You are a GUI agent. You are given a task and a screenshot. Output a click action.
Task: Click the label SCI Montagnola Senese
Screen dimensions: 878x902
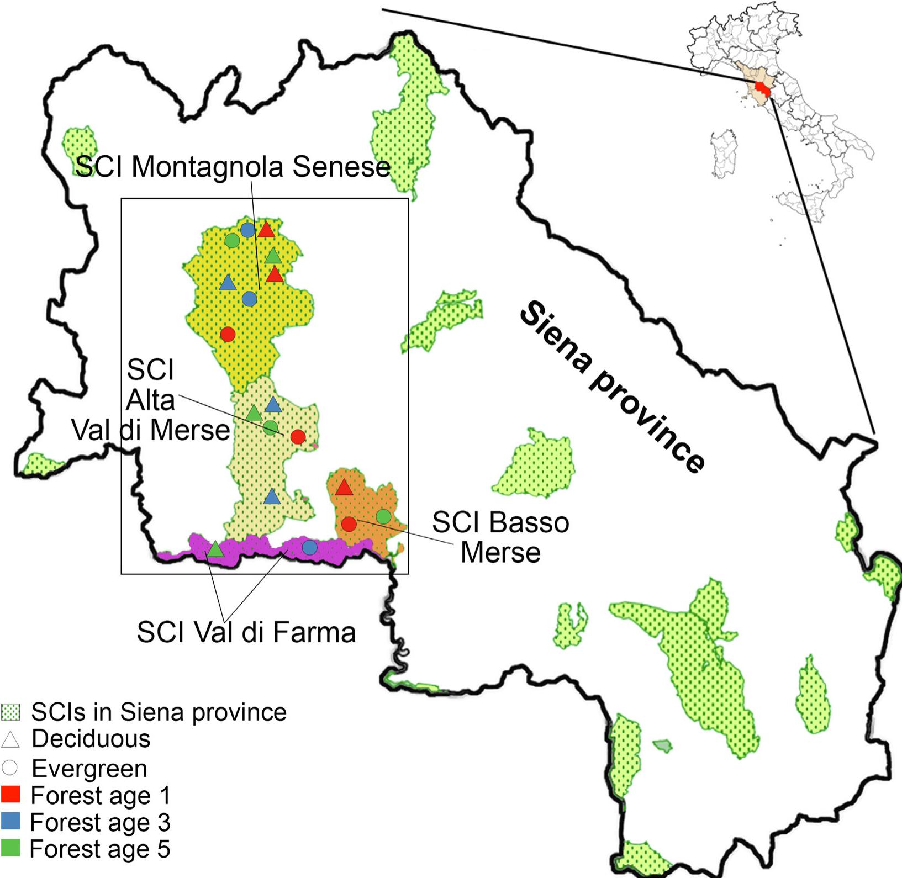tap(233, 167)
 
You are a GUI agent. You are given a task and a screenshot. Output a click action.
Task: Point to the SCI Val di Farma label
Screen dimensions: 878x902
tap(246, 632)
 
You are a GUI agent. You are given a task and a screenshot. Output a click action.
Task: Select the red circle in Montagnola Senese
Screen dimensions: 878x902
tap(228, 334)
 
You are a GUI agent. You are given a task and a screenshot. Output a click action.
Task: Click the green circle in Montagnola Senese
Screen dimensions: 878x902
tap(232, 241)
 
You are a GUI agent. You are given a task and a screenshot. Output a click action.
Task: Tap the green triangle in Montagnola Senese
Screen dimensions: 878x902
tap(273, 256)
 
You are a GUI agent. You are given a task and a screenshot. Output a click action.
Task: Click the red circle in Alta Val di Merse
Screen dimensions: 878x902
tap(298, 437)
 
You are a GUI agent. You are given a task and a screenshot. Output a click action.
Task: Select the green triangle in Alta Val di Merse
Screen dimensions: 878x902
tap(254, 413)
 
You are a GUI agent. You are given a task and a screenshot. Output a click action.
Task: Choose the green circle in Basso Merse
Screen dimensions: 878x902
tap(383, 516)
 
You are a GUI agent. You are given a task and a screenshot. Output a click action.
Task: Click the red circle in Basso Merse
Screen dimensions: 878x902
tap(349, 524)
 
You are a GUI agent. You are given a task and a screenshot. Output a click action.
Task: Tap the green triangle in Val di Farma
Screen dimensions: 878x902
tap(215, 549)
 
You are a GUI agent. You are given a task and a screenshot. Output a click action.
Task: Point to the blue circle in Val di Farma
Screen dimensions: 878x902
tap(309, 547)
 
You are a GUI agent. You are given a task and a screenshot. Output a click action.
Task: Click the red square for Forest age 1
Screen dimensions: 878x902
tap(10, 795)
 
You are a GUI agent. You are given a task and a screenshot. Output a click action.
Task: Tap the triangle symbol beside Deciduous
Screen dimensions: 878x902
tap(10, 740)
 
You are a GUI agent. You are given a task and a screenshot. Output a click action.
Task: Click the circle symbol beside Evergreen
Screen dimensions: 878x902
tap(10, 768)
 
